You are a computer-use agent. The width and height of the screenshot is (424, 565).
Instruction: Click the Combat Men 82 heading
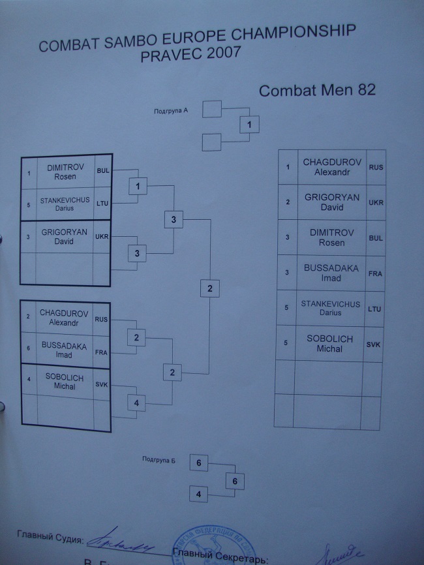[x=317, y=91]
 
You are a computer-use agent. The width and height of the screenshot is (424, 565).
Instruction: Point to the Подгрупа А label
[x=171, y=111]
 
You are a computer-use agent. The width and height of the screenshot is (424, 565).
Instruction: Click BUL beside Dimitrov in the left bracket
[x=103, y=171]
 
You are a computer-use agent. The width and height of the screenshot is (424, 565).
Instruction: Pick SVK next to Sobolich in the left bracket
[x=101, y=385]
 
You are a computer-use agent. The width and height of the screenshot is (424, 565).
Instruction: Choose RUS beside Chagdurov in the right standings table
[x=376, y=167]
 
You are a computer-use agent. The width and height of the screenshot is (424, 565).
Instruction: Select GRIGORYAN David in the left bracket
[x=64, y=236]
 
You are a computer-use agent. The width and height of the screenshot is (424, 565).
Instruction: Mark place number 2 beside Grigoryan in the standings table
[x=288, y=202]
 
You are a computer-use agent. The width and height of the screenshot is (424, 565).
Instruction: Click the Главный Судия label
[x=50, y=539]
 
